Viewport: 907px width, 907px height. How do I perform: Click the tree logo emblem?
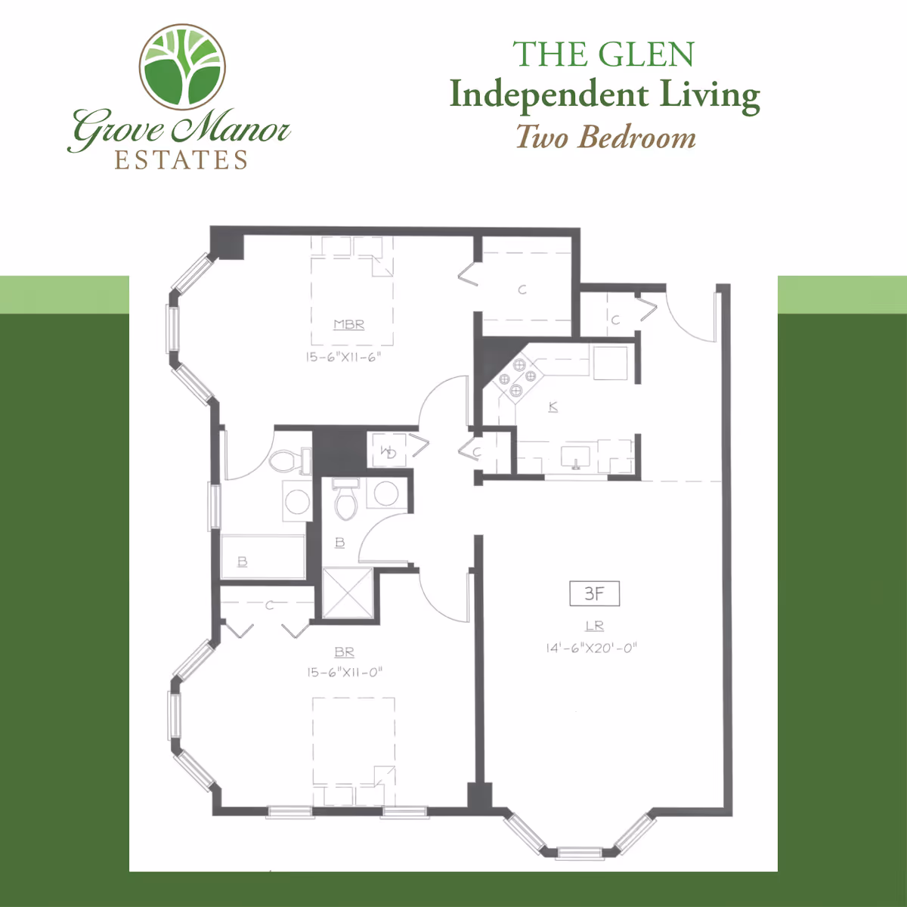pos(182,67)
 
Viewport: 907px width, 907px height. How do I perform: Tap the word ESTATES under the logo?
pos(181,160)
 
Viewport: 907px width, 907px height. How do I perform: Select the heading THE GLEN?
pos(603,54)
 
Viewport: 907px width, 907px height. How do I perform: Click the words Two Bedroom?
pos(605,138)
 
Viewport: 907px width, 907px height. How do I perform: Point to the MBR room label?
pos(349,324)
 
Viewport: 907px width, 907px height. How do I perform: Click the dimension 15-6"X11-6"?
pos(344,357)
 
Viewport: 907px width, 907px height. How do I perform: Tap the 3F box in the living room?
pos(594,594)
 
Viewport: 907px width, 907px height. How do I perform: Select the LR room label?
pos(595,626)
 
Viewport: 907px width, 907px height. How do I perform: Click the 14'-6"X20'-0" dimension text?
pos(592,648)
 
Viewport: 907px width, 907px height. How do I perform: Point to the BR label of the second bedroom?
pos(344,652)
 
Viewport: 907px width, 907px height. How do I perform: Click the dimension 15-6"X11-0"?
pos(345,672)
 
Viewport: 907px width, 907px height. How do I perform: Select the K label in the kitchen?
pos(553,407)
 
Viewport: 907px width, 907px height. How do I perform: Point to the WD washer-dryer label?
pos(388,452)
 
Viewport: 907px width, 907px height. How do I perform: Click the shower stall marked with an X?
pos(348,593)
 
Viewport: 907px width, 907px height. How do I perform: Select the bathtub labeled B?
pos(262,558)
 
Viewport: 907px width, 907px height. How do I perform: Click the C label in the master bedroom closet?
pos(522,289)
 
